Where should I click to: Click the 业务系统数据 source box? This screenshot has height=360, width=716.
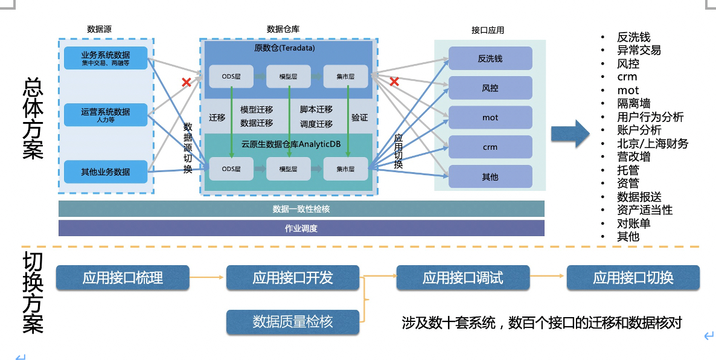tap(105, 57)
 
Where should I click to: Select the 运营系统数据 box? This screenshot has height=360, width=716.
tap(105, 115)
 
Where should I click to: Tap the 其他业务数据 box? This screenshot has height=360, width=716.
tap(105, 172)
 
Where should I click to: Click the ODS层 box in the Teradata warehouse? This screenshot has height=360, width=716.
tap(232, 76)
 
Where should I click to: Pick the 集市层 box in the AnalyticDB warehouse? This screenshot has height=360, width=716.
tap(346, 169)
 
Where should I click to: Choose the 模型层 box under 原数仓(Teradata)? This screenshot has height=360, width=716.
tap(288, 76)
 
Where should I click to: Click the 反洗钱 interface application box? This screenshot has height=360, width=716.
tap(490, 59)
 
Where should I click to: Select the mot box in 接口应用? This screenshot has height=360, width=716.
tap(490, 118)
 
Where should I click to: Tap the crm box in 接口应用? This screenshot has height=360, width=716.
tap(490, 147)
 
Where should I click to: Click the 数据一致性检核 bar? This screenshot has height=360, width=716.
tap(301, 209)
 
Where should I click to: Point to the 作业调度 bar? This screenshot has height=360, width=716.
tap(301, 228)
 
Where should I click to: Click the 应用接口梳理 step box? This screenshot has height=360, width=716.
tap(123, 278)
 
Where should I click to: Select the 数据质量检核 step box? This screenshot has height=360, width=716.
tap(292, 322)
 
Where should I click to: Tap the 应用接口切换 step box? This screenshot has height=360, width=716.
tap(633, 278)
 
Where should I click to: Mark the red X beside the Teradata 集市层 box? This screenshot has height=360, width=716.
tap(394, 82)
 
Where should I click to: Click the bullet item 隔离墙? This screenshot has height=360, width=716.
tap(633, 103)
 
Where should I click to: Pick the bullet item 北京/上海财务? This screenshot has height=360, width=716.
tap(652, 143)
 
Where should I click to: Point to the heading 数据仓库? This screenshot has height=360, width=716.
tap(283, 29)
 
